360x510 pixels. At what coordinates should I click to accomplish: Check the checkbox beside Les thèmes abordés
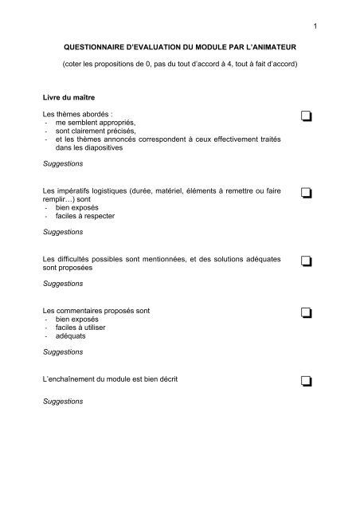(x=306, y=117)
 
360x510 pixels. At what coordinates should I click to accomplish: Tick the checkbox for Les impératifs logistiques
(x=306, y=193)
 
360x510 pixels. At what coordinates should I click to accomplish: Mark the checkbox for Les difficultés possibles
(x=306, y=262)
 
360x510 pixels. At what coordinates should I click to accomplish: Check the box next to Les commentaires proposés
(x=306, y=311)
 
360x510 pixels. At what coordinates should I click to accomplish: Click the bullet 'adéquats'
(x=70, y=336)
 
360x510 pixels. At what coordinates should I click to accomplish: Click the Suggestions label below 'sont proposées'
(x=64, y=283)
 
